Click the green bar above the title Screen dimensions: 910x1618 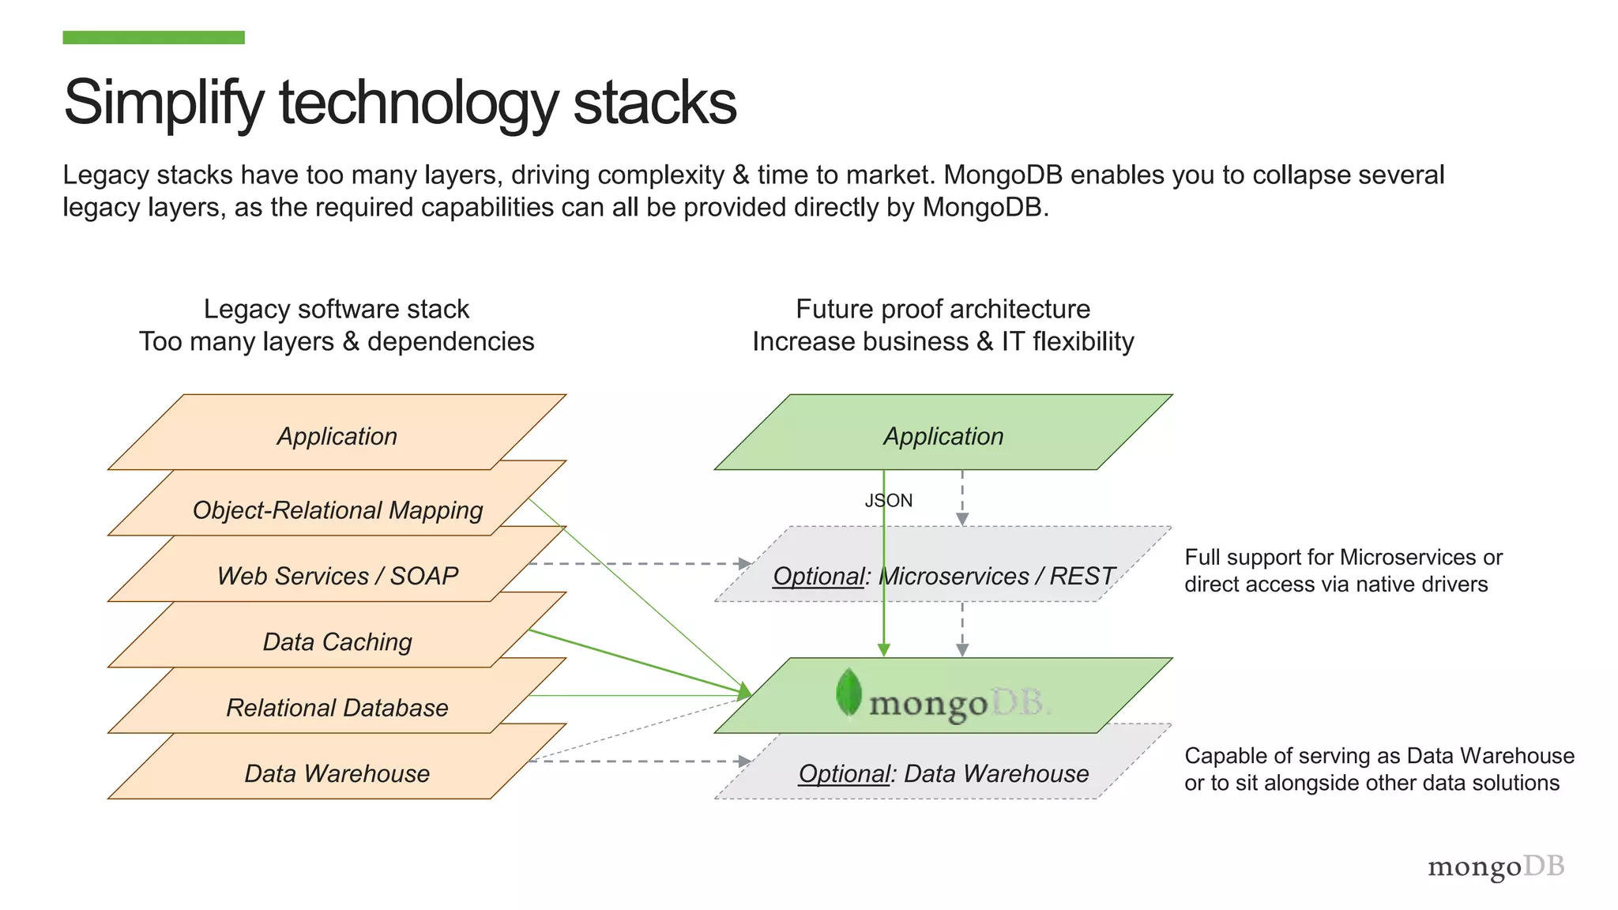153,37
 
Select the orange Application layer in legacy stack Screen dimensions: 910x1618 337,435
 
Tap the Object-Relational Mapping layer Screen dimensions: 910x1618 337,510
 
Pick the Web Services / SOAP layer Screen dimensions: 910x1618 337,575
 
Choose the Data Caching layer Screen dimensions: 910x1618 337,641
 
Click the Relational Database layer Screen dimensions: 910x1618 337,707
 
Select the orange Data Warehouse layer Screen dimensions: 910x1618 337,773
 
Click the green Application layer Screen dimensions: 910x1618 943,435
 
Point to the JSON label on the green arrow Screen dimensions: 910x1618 889,500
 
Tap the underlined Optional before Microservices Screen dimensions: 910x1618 818,576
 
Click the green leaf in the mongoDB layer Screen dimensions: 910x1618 849,692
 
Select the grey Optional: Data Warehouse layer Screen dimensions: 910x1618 943,773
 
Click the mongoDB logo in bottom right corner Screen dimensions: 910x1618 1496,867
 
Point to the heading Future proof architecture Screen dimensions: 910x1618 943,309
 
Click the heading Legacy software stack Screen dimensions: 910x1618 337,309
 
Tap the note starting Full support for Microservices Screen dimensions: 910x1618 1343,570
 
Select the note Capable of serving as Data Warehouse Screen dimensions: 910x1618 1379,769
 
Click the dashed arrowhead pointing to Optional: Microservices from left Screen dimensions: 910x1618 744,563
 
